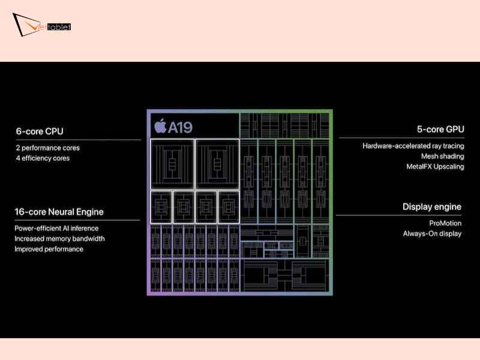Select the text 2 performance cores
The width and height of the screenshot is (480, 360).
point(47,148)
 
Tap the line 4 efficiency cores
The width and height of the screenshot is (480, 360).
point(43,158)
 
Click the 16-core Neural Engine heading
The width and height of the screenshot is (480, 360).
point(59,212)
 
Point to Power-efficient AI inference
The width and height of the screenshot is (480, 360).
point(56,228)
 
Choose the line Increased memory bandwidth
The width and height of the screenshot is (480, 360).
point(59,239)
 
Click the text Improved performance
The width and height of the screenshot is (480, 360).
point(49,249)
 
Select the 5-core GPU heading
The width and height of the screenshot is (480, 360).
point(440,129)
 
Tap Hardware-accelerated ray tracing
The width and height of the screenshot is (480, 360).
point(413,146)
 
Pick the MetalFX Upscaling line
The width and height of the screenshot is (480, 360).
point(435,166)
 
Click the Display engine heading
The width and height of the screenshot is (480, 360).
point(431,207)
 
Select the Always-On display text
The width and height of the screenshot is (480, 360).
point(432,233)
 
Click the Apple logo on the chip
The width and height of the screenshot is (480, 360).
point(160,126)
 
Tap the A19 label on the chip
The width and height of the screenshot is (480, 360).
point(180,127)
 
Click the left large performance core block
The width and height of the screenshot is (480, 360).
point(172,163)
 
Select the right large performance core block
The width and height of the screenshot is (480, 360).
point(217,163)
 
